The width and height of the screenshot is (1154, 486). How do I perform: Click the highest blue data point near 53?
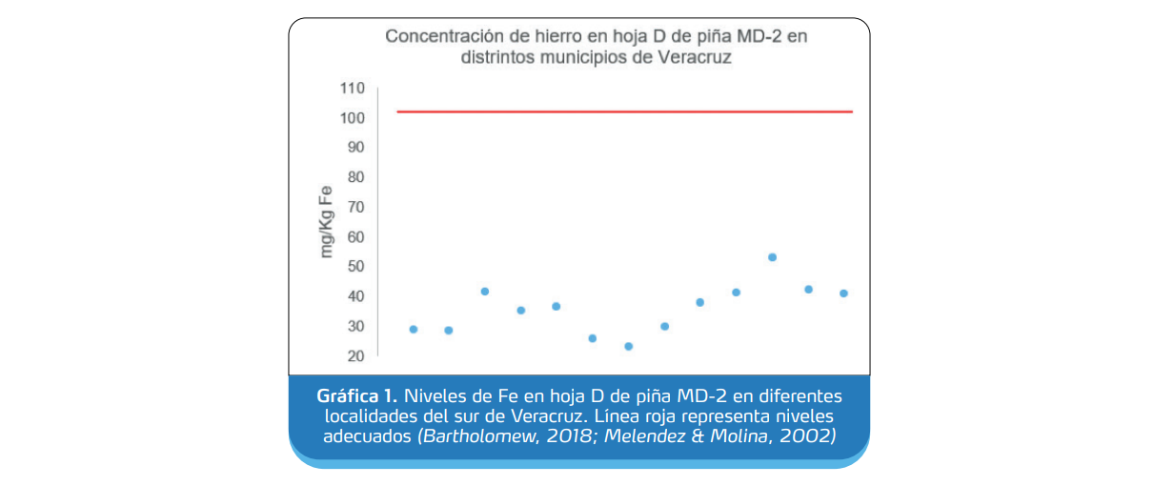[772, 257]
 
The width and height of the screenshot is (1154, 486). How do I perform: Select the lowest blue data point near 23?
[628, 346]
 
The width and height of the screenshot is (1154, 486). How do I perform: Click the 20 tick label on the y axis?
[355, 355]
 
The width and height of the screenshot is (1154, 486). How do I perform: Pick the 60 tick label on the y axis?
[355, 236]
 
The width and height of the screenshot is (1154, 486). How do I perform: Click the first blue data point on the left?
[414, 329]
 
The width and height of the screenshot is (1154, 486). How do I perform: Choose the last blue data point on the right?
[843, 294]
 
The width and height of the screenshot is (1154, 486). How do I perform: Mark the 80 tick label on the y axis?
[355, 177]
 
